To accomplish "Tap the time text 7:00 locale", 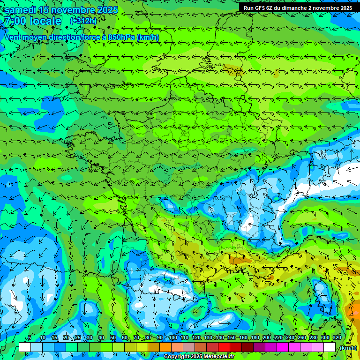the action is (33, 21).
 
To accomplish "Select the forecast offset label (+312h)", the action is (83, 21).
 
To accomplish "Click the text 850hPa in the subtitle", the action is (121, 37).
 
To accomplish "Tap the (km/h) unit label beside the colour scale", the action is (347, 347).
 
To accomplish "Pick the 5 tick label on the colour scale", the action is (30, 337).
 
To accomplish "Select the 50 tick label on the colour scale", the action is (113, 337).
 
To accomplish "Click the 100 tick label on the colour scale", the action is (173, 337).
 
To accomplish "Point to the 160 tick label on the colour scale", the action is (243, 337).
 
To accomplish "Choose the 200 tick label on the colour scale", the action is (266, 337).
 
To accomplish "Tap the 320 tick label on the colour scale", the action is (337, 337).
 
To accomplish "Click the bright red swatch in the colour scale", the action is (224, 347).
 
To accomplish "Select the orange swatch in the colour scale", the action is (165, 347).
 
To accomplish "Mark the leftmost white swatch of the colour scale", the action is (25, 347).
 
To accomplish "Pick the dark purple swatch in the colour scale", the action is (259, 347).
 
